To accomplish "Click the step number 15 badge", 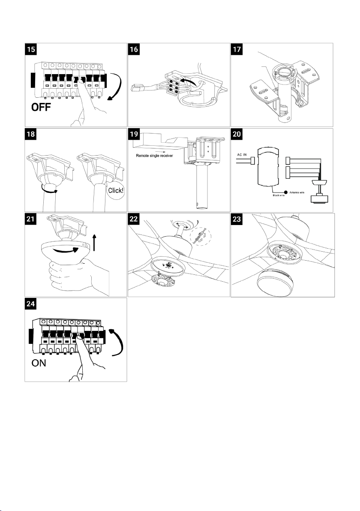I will click(x=31, y=50).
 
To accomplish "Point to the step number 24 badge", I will click(x=31, y=305).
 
